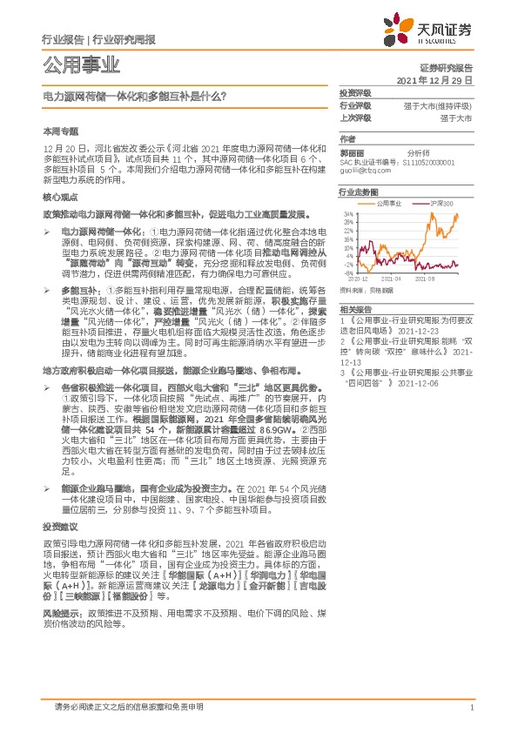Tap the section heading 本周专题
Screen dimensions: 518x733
click(59, 130)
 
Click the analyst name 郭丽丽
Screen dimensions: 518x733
click(353, 151)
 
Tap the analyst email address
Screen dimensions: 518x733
click(362, 171)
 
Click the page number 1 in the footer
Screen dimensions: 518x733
click(471, 708)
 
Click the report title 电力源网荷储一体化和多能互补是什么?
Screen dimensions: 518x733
click(135, 98)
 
